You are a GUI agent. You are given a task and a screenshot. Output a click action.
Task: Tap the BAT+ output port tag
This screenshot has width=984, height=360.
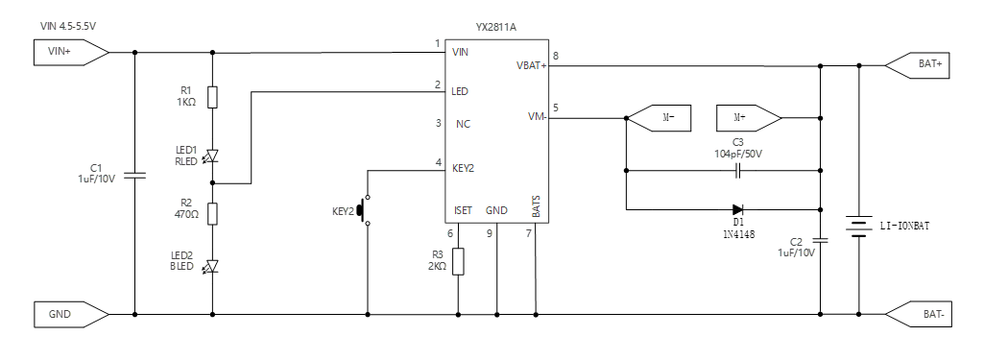tap(923, 64)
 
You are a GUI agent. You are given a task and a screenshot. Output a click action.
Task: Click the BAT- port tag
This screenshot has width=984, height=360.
tap(923, 313)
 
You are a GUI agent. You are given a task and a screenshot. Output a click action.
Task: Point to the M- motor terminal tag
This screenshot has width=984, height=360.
tap(661, 117)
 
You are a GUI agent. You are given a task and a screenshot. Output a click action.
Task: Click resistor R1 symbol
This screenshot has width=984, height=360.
tap(212, 97)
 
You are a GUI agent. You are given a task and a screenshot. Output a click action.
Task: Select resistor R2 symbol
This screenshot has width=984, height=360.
tap(212, 213)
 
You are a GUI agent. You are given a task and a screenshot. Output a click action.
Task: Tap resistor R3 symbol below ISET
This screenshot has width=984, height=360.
tap(458, 260)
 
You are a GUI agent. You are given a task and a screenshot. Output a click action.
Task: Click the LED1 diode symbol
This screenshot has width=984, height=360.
tap(212, 155)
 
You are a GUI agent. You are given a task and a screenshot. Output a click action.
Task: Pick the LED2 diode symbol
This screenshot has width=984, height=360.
tap(212, 266)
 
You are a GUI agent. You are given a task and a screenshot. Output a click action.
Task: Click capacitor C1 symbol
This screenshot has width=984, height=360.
tap(134, 177)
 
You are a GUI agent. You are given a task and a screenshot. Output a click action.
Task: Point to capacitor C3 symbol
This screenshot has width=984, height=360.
tap(738, 172)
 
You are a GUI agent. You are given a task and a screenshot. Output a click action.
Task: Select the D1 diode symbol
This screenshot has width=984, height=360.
tap(737, 209)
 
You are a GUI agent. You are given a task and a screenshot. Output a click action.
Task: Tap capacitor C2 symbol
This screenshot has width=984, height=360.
tap(821, 241)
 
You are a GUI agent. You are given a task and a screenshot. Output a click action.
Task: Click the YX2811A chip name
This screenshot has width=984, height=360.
tap(497, 28)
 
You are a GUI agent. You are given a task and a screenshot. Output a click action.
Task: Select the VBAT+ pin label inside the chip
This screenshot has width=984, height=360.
tap(530, 65)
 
